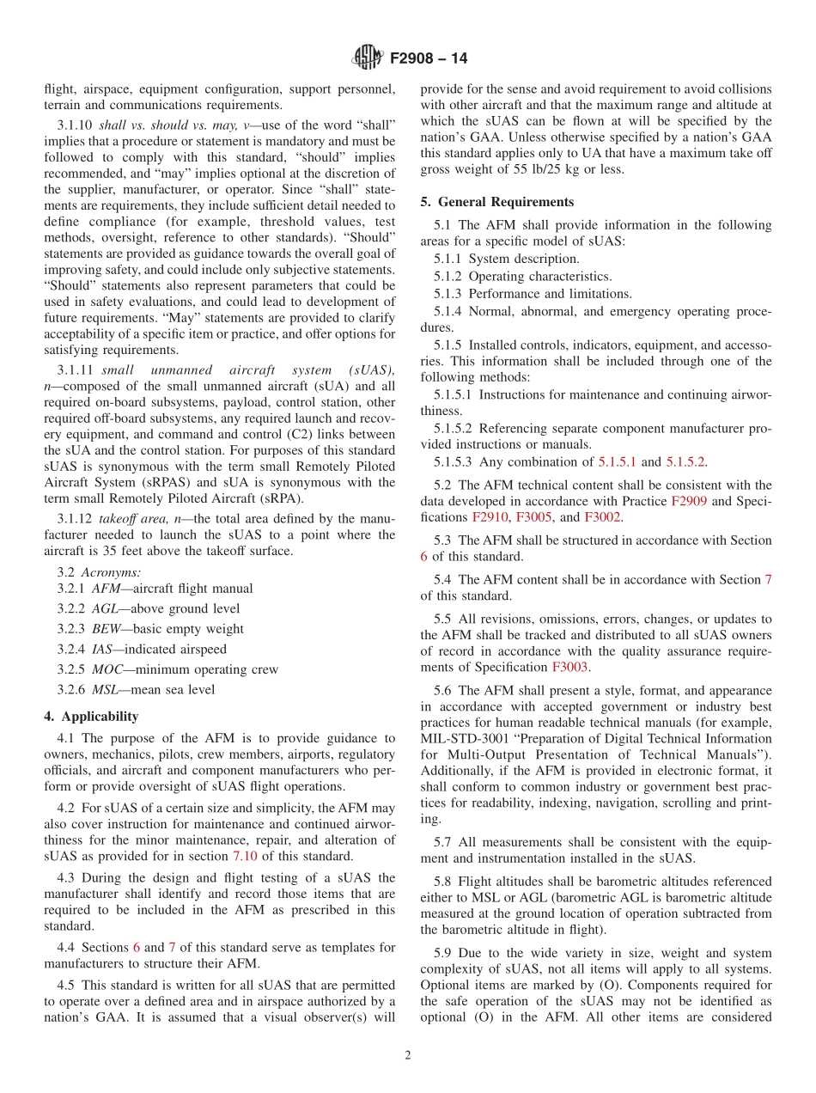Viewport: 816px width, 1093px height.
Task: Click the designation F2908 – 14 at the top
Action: click(x=429, y=59)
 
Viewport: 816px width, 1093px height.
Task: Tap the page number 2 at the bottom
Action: click(x=408, y=1055)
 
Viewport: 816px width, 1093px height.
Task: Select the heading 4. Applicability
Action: click(x=91, y=716)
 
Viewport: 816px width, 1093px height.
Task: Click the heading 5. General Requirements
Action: click(x=497, y=202)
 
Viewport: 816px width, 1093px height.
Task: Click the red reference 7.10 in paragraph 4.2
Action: click(x=245, y=856)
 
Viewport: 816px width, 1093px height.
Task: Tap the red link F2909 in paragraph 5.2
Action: click(x=689, y=501)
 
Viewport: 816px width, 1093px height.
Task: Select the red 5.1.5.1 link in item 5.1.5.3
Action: click(x=618, y=462)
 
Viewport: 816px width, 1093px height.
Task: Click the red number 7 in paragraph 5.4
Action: click(x=768, y=580)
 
